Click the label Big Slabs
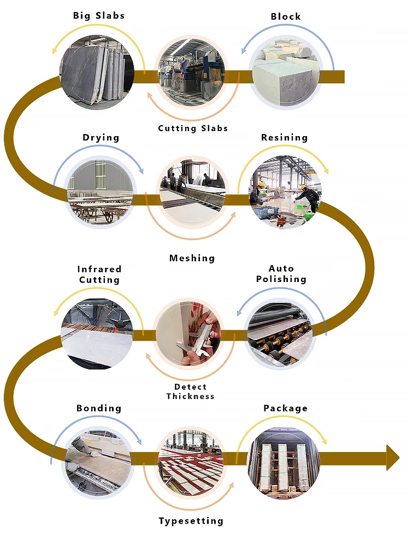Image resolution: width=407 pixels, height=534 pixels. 99,15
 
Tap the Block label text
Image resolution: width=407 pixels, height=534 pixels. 286,16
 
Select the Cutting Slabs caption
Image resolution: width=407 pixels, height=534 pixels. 193,128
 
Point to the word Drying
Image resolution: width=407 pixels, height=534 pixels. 101,138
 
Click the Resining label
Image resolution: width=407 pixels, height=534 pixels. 284,138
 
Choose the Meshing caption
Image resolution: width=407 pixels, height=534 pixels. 192,258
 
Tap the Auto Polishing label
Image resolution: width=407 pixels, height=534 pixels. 281,274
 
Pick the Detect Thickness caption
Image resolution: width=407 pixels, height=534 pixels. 191,391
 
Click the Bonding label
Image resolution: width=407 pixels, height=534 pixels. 99,408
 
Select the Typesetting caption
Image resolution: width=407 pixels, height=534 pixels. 191,521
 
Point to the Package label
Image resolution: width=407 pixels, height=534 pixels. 285,408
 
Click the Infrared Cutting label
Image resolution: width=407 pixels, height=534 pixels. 99,274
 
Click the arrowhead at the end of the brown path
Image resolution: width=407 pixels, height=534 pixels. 393,457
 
